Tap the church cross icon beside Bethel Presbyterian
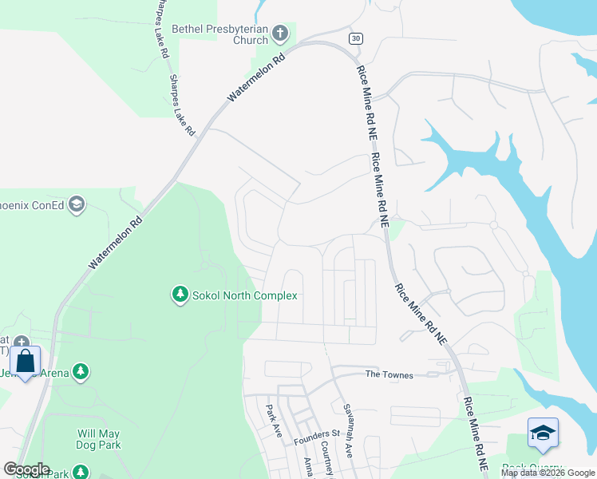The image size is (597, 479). coord(279,34)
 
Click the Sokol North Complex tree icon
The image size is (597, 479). coord(180,295)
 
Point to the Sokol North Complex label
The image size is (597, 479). coord(244,296)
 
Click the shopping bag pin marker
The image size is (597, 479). coord(26,362)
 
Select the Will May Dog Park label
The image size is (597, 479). coord(99,439)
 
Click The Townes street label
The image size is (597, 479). coord(389,374)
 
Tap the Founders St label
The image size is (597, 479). coord(317,436)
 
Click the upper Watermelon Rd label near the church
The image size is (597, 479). coord(256,78)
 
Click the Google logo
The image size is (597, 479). coord(26,469)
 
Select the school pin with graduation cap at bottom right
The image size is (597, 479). coord(543,435)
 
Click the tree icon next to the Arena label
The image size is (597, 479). coord(80,371)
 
